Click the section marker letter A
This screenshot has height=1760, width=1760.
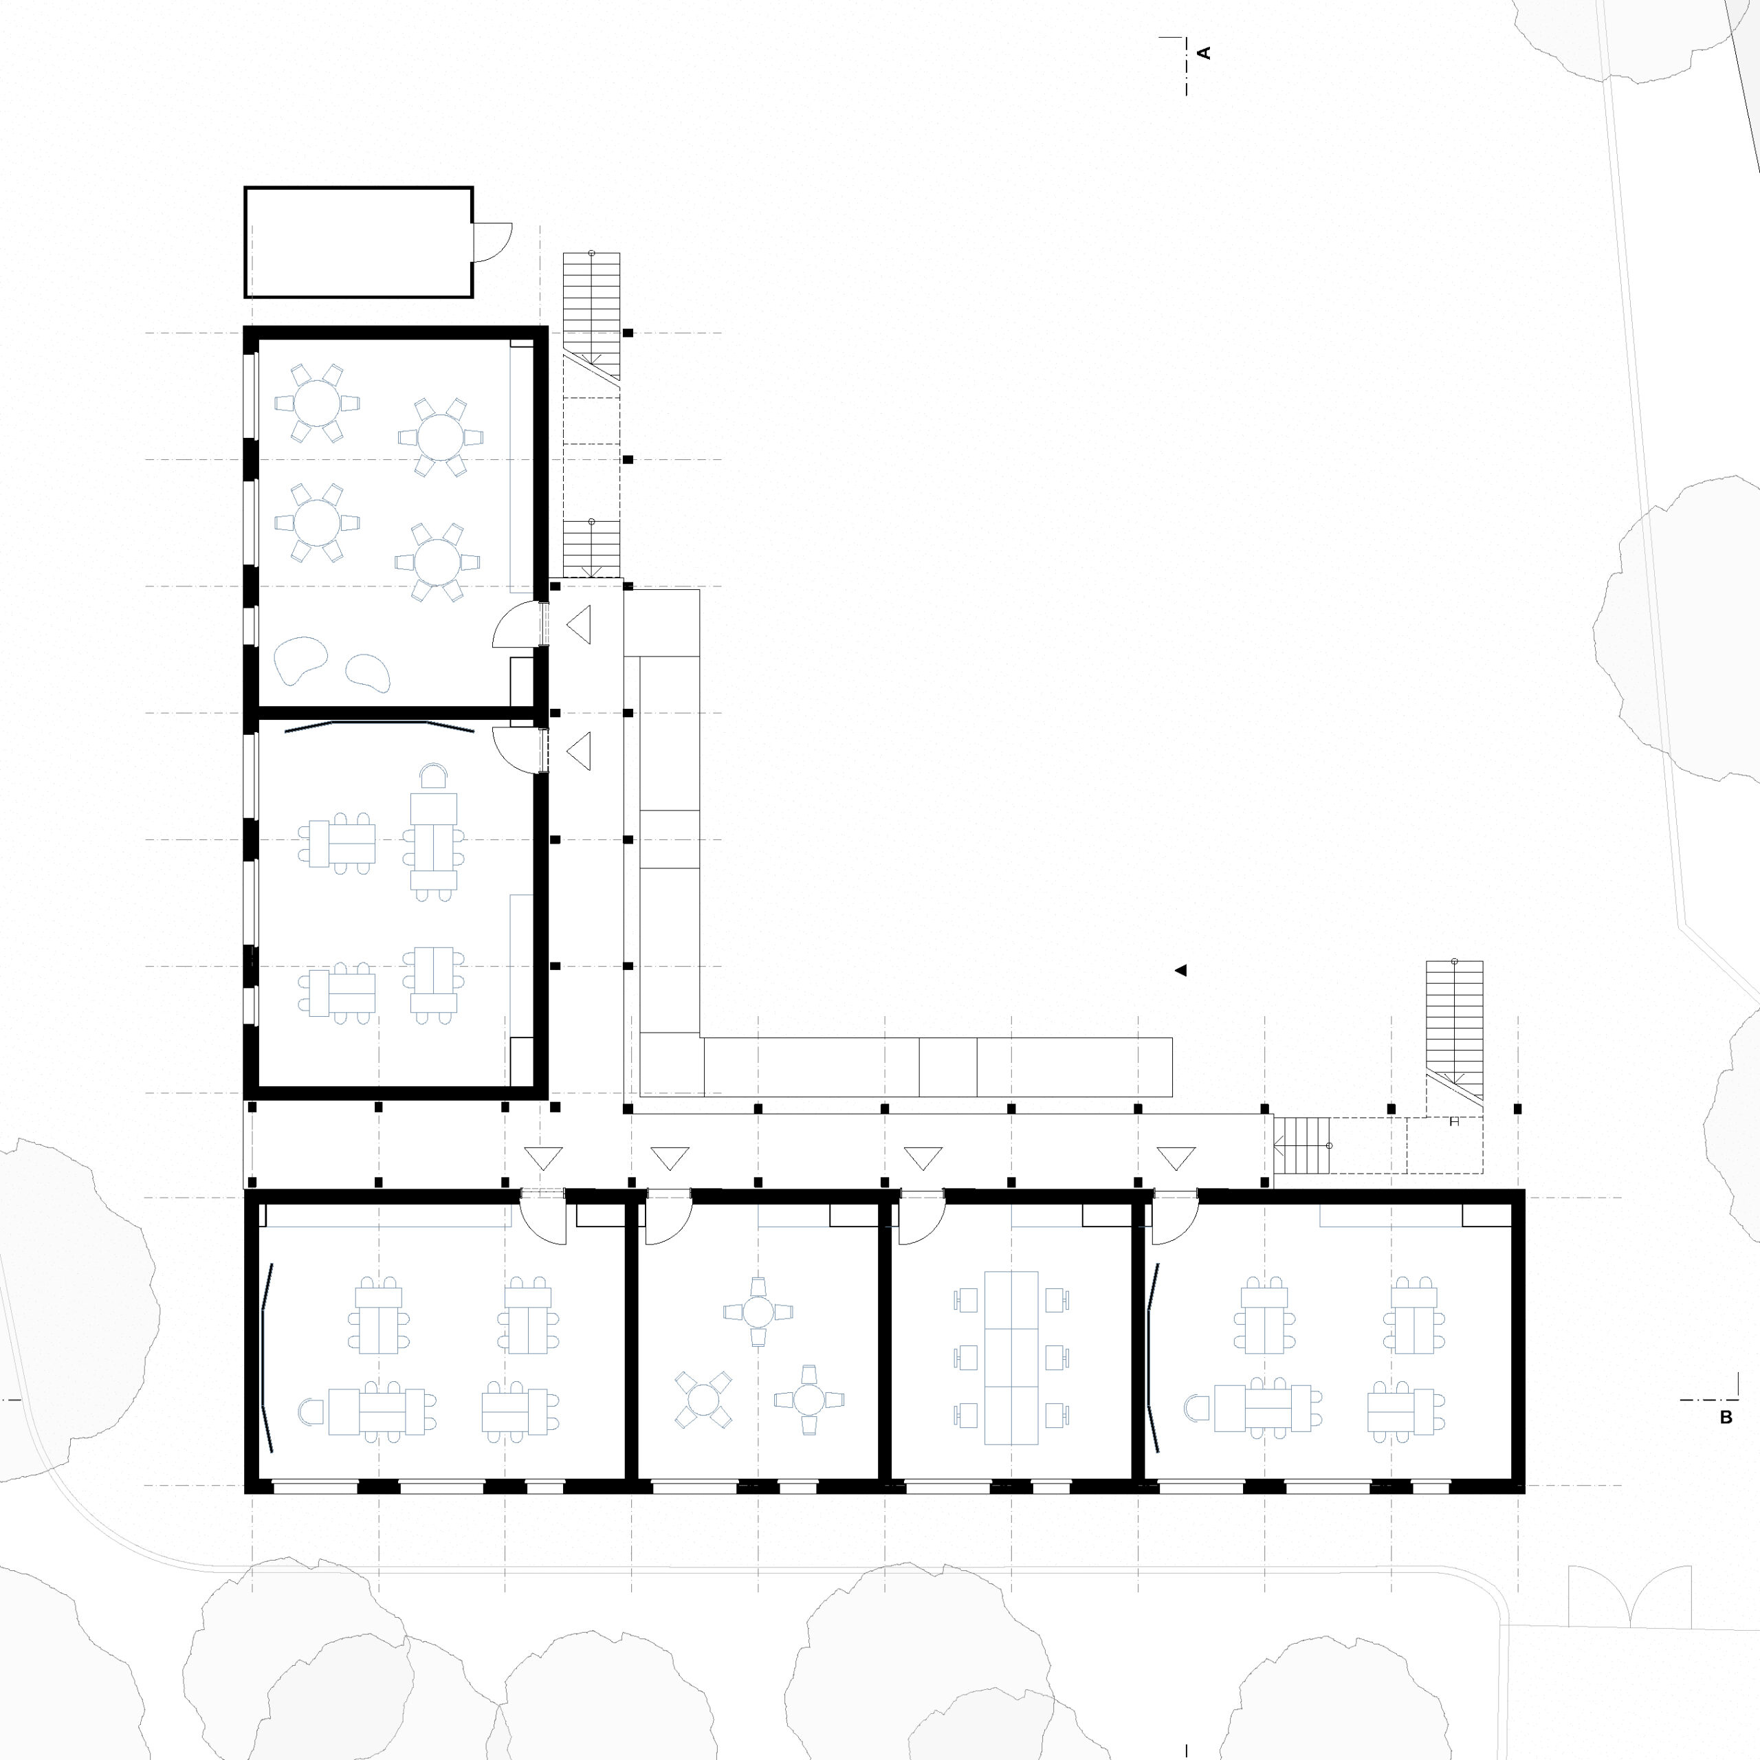click(1204, 53)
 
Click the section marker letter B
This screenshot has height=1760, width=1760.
click(1726, 1418)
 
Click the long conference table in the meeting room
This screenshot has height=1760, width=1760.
click(1011, 1357)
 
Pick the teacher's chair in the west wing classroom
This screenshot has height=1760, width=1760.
click(434, 775)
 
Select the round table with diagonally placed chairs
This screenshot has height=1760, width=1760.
click(703, 1398)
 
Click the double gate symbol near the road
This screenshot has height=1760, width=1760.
click(1630, 1597)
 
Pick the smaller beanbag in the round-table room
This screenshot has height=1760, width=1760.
click(368, 672)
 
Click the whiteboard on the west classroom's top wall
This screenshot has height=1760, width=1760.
click(379, 726)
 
